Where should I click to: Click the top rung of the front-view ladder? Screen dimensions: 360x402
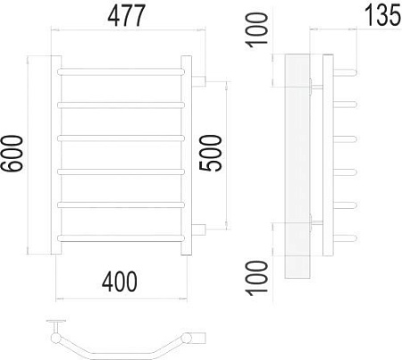pyautogui.click(x=121, y=71)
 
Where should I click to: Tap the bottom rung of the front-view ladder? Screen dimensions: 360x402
pyautogui.click(x=121, y=236)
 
